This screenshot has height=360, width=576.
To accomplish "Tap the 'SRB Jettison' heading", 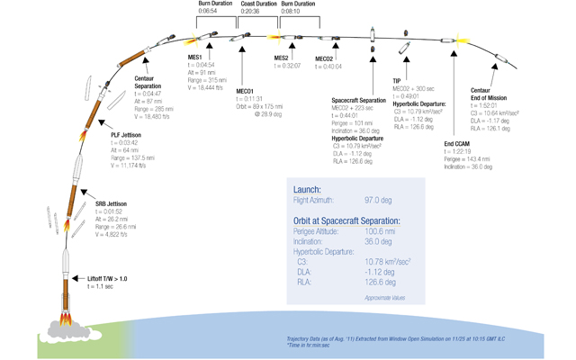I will (x=112, y=204).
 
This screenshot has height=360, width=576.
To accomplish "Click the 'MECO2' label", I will (x=325, y=58).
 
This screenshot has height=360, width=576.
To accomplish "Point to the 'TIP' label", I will (x=397, y=80).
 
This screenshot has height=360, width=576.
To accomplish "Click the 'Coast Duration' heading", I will (x=259, y=4).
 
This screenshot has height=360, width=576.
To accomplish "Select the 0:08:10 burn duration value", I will (x=298, y=13).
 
